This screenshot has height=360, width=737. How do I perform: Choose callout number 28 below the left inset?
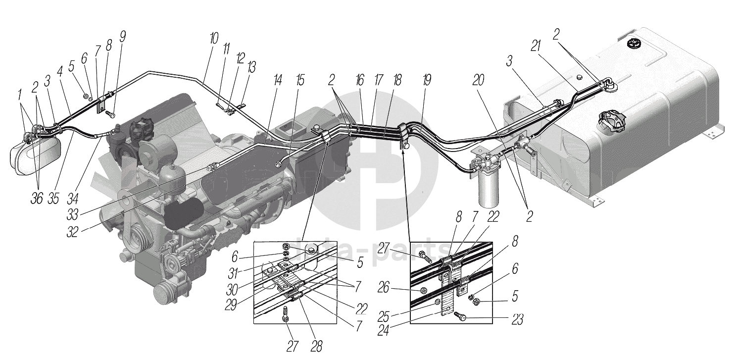316,347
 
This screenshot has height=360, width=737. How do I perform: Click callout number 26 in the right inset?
396,287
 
